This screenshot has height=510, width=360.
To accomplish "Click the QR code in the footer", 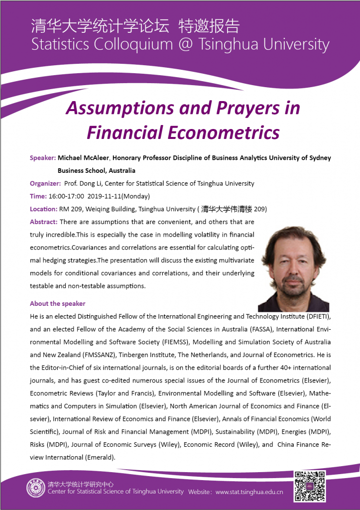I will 310,486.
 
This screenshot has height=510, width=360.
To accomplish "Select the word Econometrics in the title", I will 225,132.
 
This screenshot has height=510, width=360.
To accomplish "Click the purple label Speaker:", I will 42,158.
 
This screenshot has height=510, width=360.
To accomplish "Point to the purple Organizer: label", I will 45,183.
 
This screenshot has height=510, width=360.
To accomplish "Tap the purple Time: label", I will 38,196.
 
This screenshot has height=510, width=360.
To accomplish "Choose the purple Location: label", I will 43,209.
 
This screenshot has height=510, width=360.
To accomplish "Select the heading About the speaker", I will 57,303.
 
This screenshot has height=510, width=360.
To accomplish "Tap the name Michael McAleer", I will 83,158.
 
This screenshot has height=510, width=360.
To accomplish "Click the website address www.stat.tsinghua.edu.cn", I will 249,492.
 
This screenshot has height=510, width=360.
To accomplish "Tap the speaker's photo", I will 293,269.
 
